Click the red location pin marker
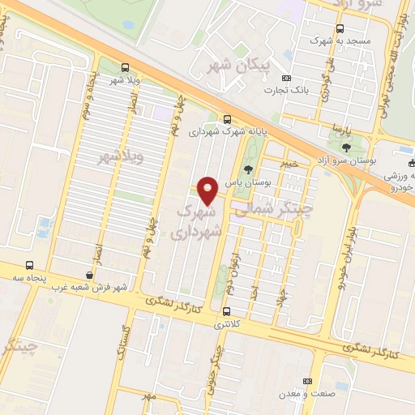pos(207,190)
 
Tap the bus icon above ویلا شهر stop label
pos(124,67)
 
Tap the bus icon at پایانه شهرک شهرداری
pos(228,117)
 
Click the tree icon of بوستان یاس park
pos(247,169)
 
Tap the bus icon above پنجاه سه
pos(30,265)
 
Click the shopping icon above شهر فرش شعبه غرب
pos(88,275)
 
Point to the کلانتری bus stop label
pos(226,325)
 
